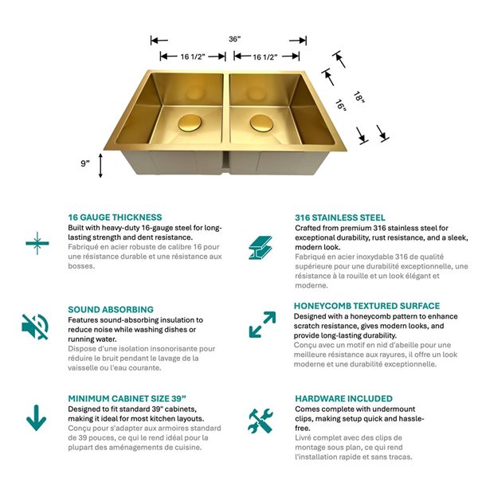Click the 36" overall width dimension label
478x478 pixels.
click(234, 39)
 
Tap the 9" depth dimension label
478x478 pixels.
click(85, 163)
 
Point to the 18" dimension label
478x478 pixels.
click(359, 97)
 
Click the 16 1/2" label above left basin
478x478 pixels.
click(190, 57)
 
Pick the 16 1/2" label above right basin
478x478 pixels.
click(264, 57)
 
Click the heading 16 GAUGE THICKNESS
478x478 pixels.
click(115, 217)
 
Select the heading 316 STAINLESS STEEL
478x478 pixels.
click(340, 217)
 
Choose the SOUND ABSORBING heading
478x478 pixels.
click(111, 309)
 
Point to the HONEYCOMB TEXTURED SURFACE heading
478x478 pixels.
click(366, 306)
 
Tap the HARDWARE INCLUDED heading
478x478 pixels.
click(343, 398)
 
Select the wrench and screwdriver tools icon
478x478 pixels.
click(261, 421)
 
